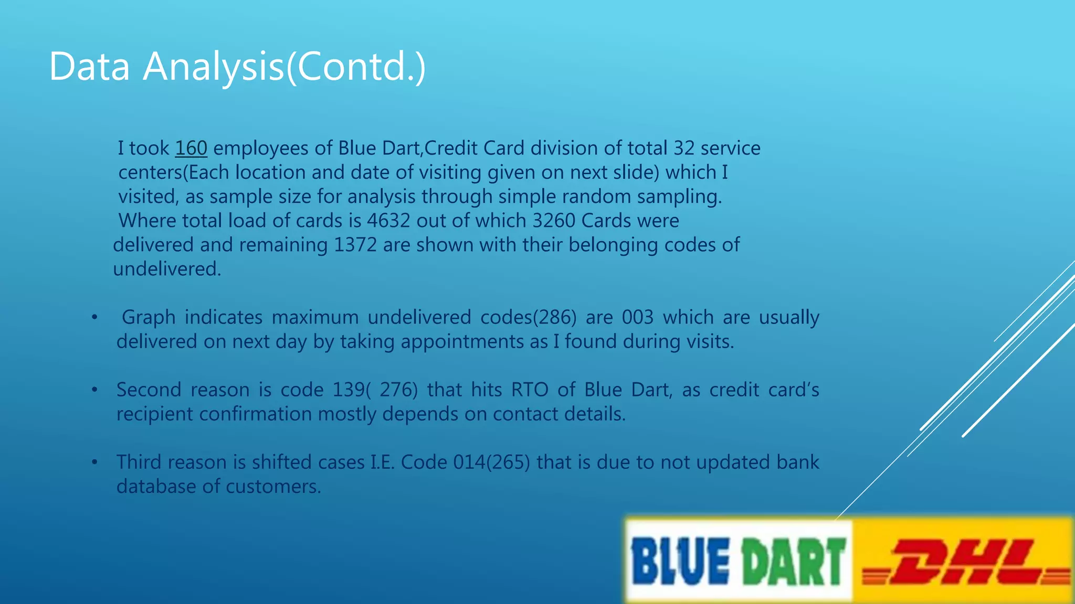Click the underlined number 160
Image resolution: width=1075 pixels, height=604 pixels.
(x=191, y=148)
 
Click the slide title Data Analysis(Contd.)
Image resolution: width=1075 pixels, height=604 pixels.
(x=237, y=67)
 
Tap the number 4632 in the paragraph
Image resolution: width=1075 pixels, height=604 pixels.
(x=388, y=221)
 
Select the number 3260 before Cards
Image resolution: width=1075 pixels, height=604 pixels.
(x=554, y=221)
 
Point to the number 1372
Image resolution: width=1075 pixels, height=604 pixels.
(x=355, y=245)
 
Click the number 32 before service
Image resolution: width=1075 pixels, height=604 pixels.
(x=684, y=148)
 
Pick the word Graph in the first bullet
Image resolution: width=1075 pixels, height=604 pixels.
(x=149, y=318)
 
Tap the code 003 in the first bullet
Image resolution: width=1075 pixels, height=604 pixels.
(x=638, y=318)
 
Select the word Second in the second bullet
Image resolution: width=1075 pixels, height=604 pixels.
(x=149, y=390)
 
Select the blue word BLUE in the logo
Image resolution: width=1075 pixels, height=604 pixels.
(x=680, y=562)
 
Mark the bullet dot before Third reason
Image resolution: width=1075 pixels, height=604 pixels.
(x=94, y=462)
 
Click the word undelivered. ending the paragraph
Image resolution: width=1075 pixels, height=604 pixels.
(x=167, y=269)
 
